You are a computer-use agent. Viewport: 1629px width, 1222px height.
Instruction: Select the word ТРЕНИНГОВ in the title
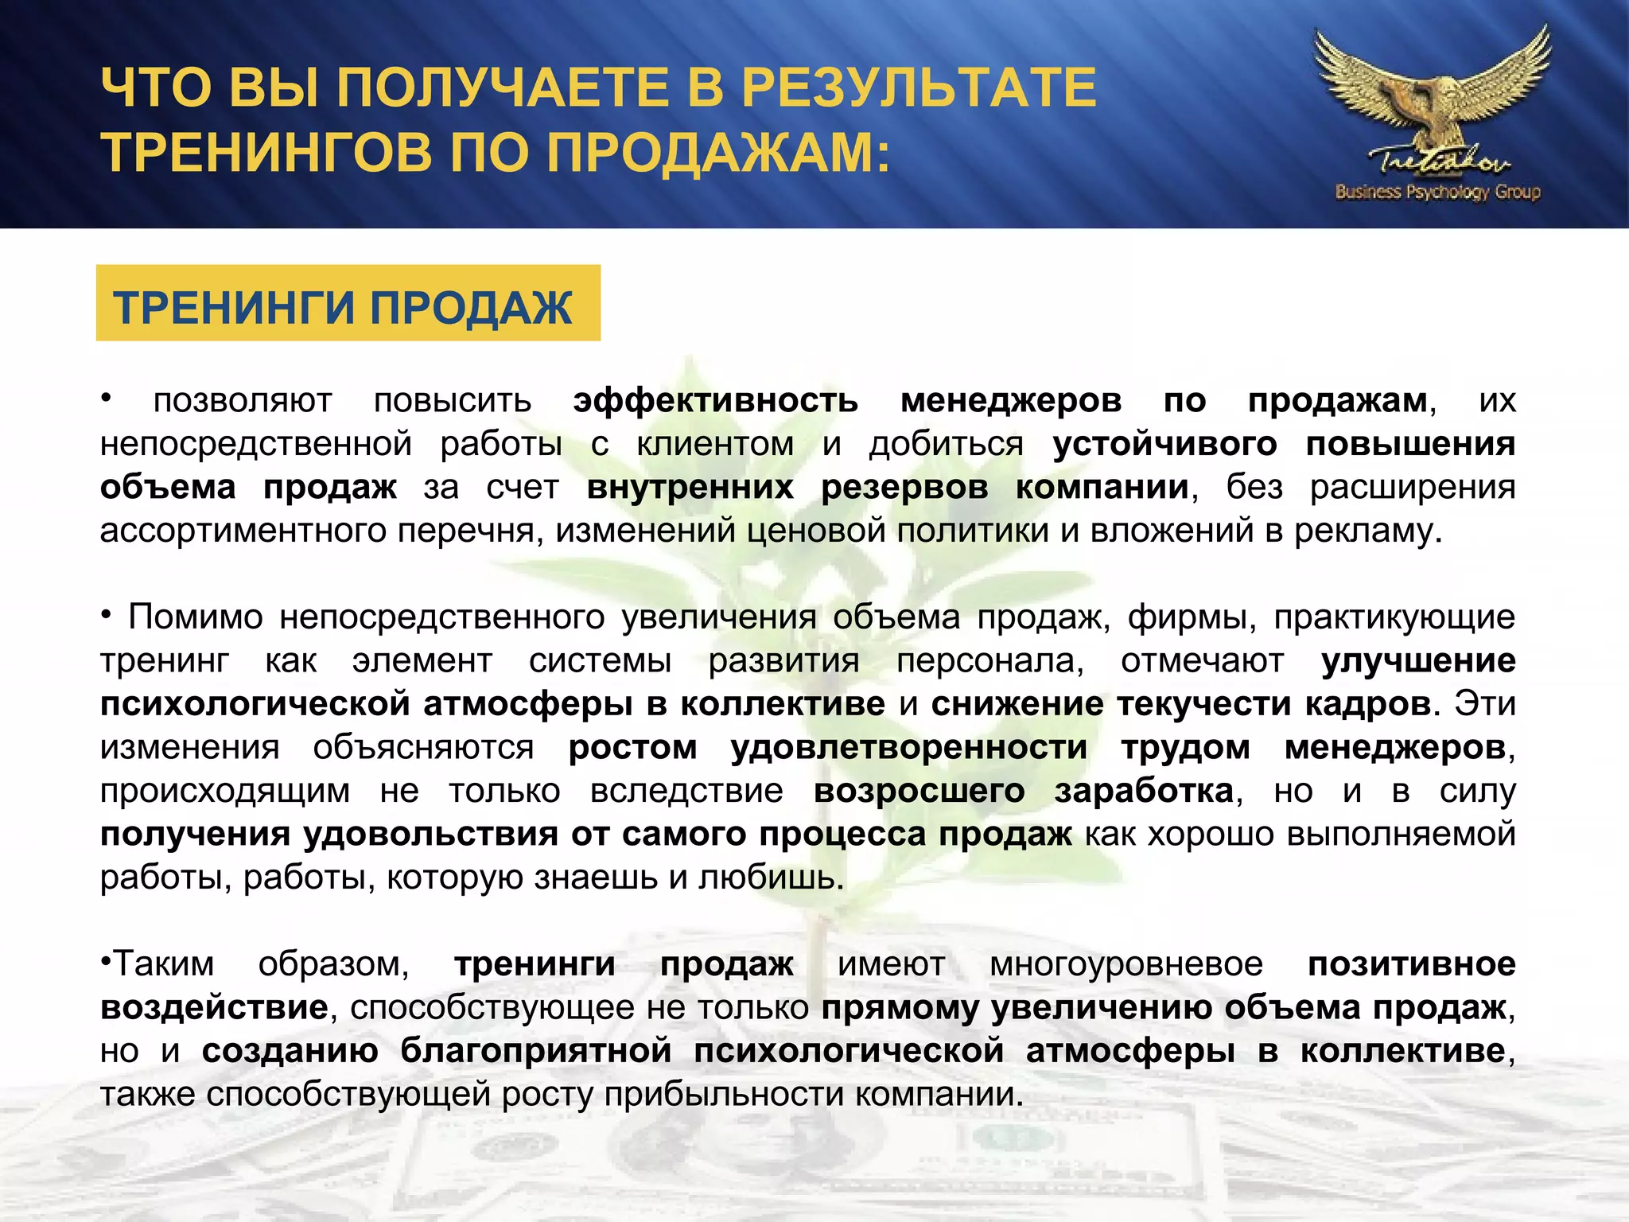point(267,152)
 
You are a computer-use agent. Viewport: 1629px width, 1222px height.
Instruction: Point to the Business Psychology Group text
point(1438,192)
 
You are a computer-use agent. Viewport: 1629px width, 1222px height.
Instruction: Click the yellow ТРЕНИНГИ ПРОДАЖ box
point(348,304)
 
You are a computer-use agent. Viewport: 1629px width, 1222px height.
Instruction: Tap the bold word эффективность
point(715,400)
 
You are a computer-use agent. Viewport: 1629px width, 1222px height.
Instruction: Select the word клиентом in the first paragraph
point(715,444)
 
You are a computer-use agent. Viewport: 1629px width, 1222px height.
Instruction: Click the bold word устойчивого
point(1164,444)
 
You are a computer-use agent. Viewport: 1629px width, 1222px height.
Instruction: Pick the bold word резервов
point(904,487)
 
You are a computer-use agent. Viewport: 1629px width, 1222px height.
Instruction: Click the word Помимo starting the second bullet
point(196,617)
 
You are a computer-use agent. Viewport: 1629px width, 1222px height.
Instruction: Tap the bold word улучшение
point(1417,661)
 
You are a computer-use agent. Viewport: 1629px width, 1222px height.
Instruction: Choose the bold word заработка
point(1144,791)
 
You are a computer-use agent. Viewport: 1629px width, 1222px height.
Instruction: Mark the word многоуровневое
point(1126,964)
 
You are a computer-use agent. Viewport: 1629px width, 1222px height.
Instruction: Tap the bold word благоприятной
point(536,1051)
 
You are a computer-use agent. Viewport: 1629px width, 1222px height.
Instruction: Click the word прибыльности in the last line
point(727,1094)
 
